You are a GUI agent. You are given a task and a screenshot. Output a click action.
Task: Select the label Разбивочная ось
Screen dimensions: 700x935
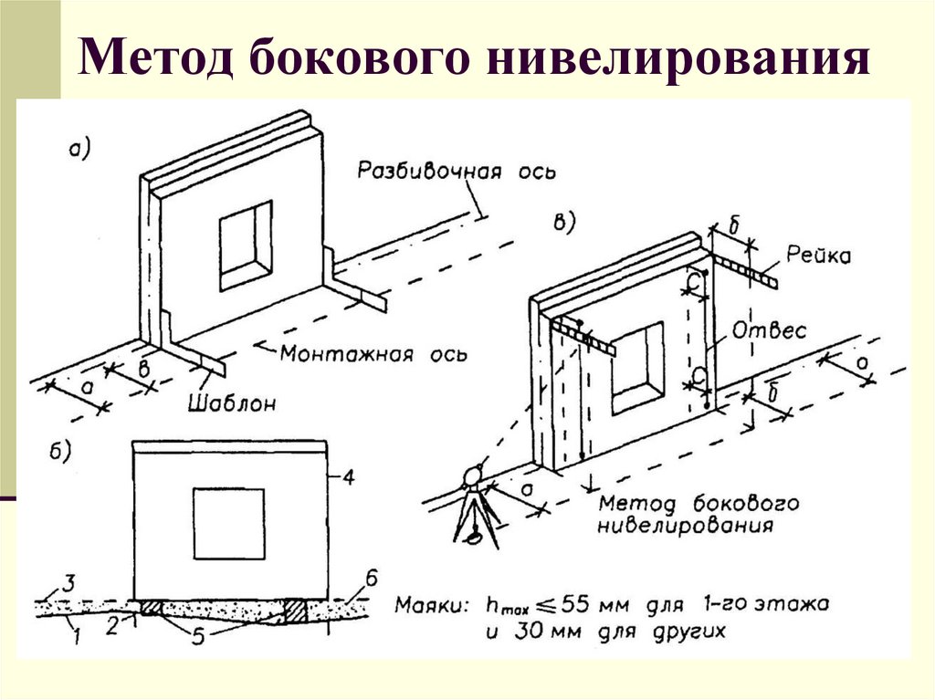(x=456, y=172)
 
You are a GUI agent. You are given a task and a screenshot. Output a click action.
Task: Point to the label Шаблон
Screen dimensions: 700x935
(x=232, y=402)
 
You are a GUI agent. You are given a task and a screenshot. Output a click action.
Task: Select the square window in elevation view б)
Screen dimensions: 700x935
(x=228, y=523)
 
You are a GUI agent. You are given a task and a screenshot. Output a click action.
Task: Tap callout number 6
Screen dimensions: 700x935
(x=371, y=577)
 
